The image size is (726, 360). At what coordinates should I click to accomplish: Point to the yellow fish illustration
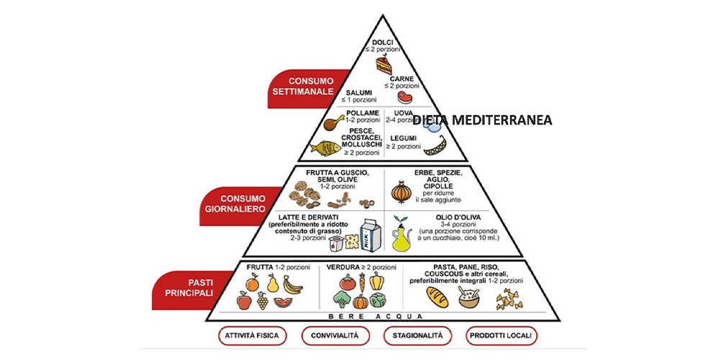325,147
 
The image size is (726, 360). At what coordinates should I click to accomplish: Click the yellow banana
291,286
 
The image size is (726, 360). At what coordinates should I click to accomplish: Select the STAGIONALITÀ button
417,336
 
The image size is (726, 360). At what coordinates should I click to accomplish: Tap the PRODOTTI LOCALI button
502,336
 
